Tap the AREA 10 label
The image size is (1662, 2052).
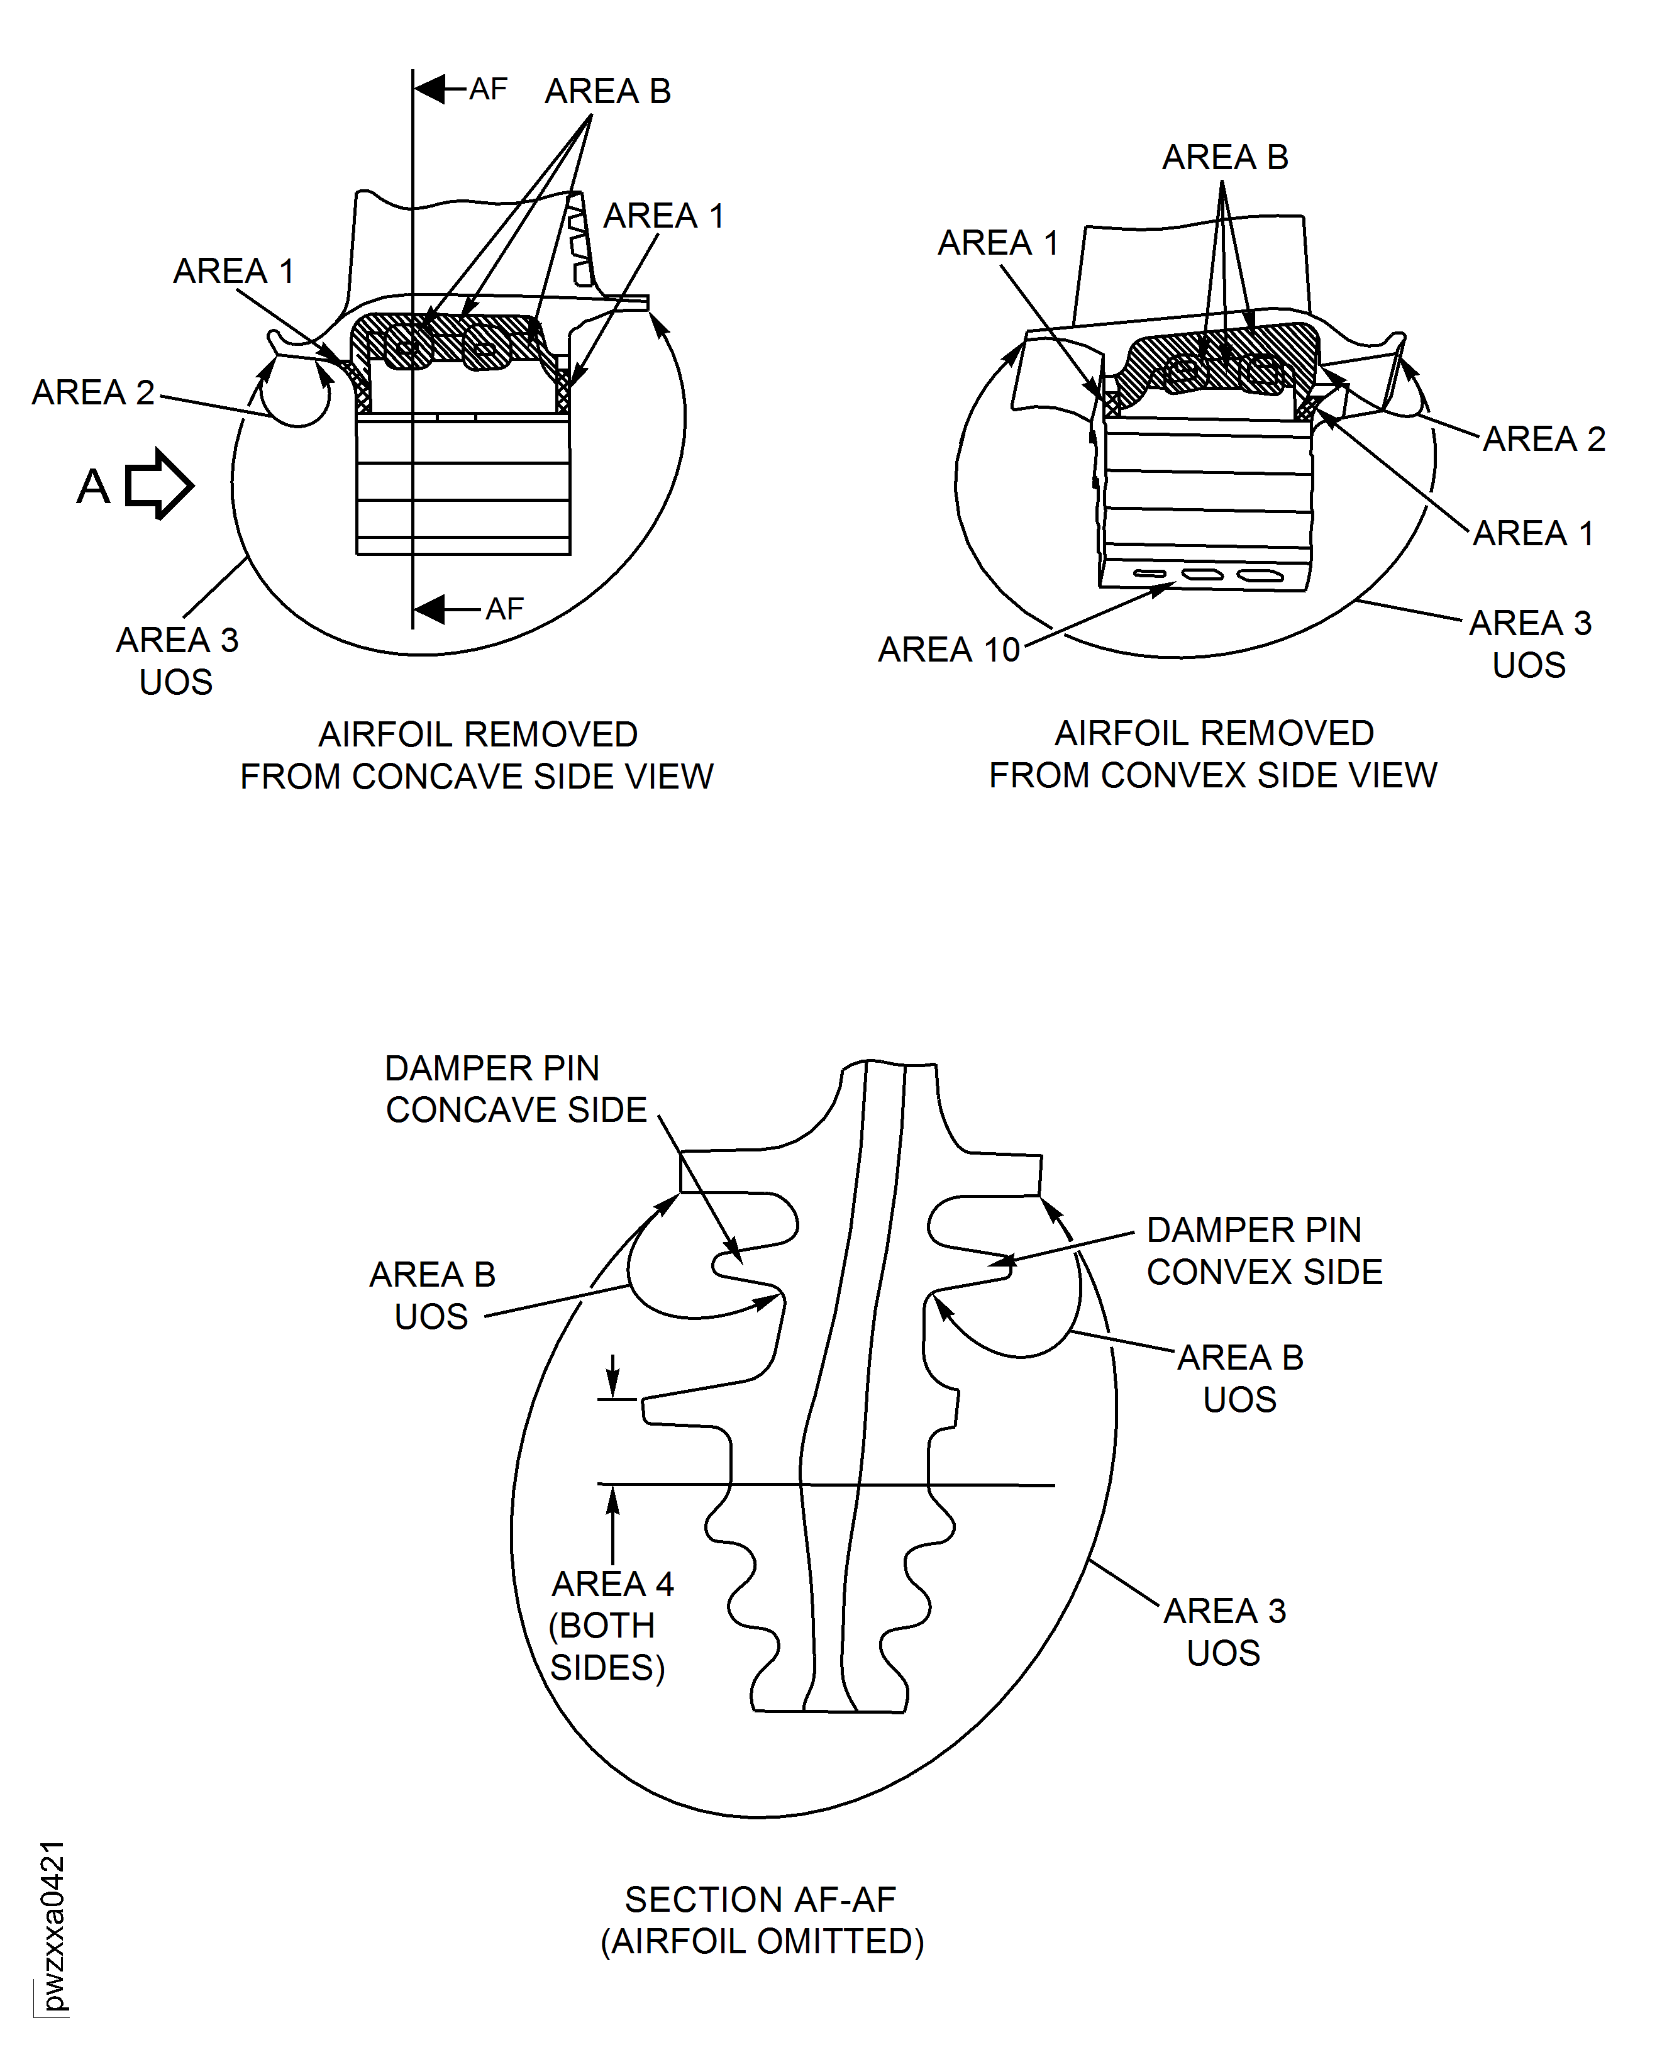[x=949, y=649]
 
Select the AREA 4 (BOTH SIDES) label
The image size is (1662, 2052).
[x=610, y=1625]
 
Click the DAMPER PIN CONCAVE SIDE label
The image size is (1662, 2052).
[x=516, y=1089]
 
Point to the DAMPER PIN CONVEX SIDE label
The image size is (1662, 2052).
[x=1264, y=1251]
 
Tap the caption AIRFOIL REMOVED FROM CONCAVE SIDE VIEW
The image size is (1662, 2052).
[x=477, y=755]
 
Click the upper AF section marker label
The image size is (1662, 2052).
[x=488, y=89]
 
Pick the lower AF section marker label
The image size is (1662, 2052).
[x=504, y=608]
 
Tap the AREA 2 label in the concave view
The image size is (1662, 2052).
[x=93, y=392]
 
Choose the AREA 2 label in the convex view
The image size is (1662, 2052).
[x=1543, y=438]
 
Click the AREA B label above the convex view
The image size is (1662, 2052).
[x=1224, y=157]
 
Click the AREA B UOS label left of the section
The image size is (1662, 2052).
[x=433, y=1295]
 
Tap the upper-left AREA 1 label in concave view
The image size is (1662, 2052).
[x=233, y=271]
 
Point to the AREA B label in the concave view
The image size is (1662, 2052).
[x=608, y=91]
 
